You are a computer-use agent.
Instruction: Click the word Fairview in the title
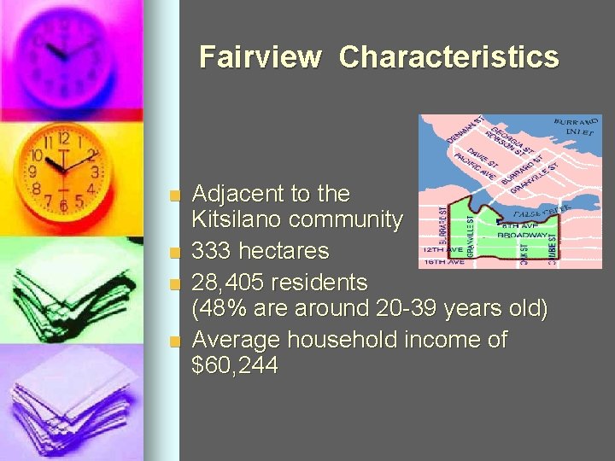[x=260, y=57]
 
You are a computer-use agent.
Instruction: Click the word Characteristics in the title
[x=448, y=57]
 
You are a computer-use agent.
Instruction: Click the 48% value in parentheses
[x=224, y=309]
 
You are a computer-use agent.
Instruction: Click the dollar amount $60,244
[x=235, y=367]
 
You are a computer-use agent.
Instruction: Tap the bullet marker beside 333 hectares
[x=175, y=253]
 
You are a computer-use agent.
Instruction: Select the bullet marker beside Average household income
[x=175, y=341]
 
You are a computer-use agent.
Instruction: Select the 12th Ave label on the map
[x=442, y=250]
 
